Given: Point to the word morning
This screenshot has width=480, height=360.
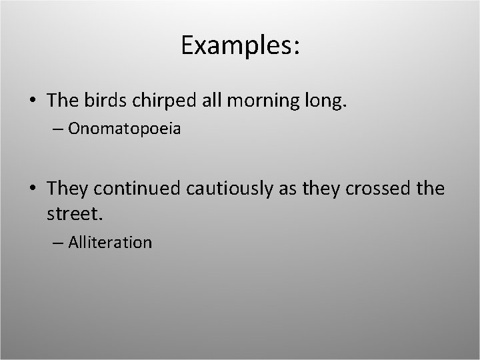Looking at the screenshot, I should click(x=249, y=100).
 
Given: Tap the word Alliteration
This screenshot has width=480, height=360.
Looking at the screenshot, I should click(x=110, y=242).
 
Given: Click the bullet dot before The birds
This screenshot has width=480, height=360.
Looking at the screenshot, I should click(x=33, y=101).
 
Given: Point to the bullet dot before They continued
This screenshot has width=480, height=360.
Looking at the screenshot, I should click(x=33, y=189).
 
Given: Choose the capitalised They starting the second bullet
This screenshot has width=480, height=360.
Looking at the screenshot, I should click(x=68, y=189).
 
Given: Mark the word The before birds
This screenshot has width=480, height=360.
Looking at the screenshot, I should click(x=62, y=100).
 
